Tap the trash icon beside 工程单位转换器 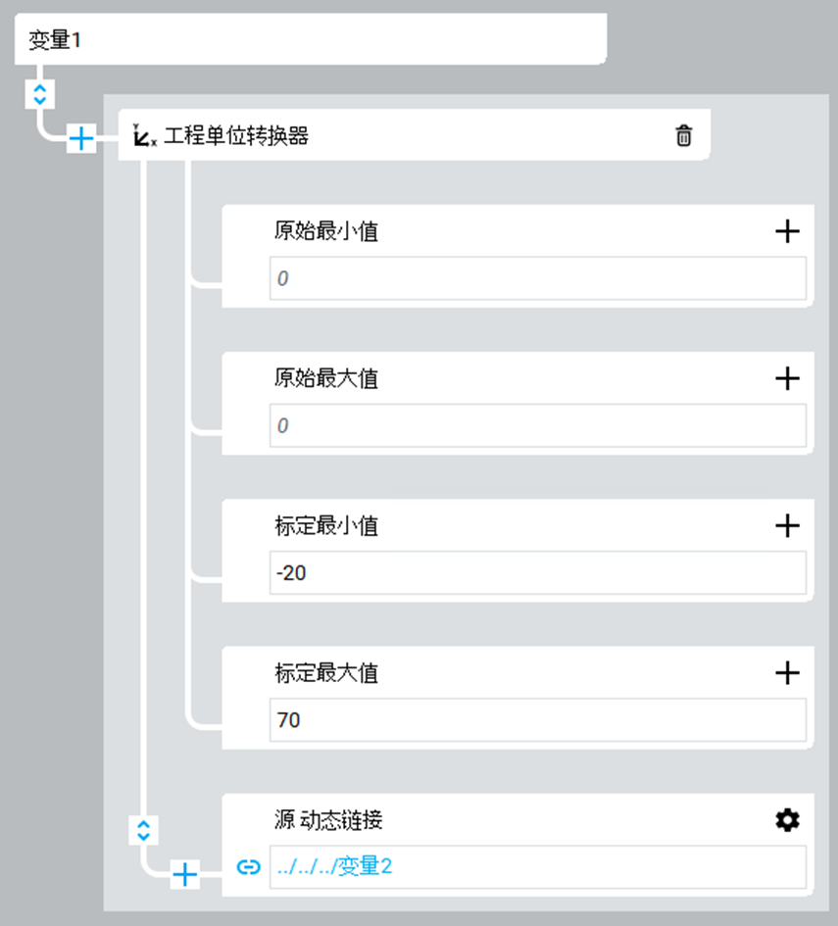pos(684,135)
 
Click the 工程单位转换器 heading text pos(235,136)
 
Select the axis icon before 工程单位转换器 pos(144,136)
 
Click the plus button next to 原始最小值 pos(787,231)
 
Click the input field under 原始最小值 pos(537,278)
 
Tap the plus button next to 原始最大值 pos(787,378)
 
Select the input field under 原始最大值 pos(537,425)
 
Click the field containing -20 pos(537,572)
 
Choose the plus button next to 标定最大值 pos(787,672)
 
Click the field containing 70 pos(537,720)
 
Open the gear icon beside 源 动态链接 pos(787,820)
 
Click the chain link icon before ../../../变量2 pos(249,867)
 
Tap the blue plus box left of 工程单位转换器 pos(80,139)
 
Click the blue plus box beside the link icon pos(184,873)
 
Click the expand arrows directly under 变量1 pos(39,94)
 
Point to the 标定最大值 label pos(326,673)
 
